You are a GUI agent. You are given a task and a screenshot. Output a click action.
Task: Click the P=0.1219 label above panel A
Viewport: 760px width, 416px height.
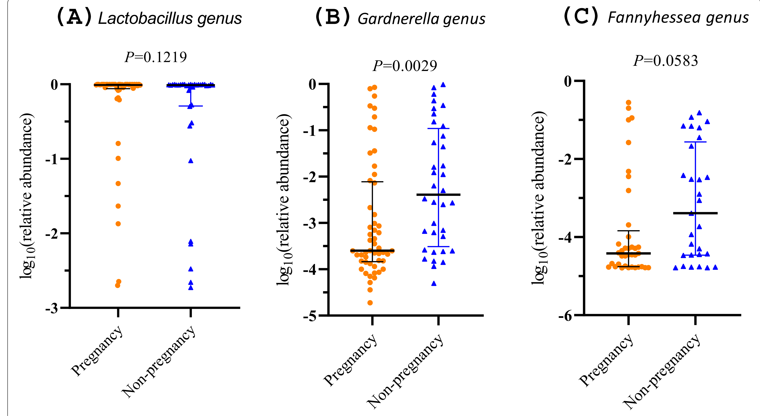coord(156,57)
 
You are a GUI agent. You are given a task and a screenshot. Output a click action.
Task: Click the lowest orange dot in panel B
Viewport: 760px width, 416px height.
coord(370,303)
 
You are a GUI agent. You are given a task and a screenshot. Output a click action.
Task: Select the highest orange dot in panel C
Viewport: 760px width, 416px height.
coord(628,102)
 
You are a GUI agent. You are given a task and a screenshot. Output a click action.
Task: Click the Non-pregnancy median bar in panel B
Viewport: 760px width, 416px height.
coord(439,195)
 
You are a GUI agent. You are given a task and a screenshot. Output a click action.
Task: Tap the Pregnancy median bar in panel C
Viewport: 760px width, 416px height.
coord(628,253)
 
